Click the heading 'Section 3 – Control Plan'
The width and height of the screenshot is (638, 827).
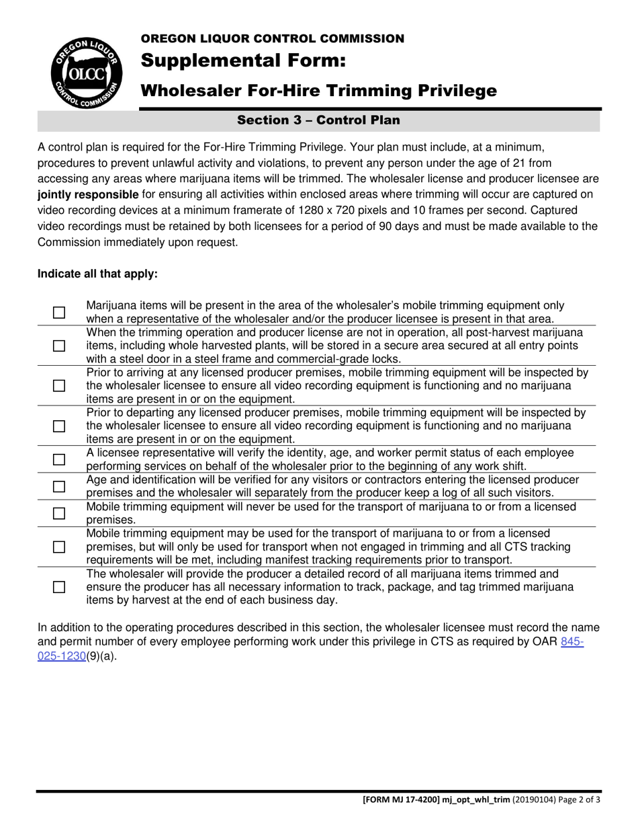(318, 120)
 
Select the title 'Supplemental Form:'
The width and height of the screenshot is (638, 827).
(243, 61)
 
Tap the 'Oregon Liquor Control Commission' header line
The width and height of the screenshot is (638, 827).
(272, 38)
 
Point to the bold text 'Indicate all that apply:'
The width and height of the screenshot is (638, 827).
(97, 274)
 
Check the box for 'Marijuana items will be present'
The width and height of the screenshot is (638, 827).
(60, 313)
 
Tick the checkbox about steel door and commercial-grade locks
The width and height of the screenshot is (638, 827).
(60, 346)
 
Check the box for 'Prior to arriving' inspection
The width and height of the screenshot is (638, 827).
(60, 386)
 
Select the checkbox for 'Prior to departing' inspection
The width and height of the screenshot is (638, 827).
(60, 426)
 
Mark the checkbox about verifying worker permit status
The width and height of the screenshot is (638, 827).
(60, 460)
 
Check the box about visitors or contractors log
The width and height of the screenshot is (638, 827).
(60, 486)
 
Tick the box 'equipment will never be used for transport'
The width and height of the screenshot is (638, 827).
(60, 514)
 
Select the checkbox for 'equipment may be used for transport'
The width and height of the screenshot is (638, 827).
(60, 547)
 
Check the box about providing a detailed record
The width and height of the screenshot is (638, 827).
(60, 587)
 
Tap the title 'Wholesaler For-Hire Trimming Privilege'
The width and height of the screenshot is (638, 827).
(318, 90)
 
